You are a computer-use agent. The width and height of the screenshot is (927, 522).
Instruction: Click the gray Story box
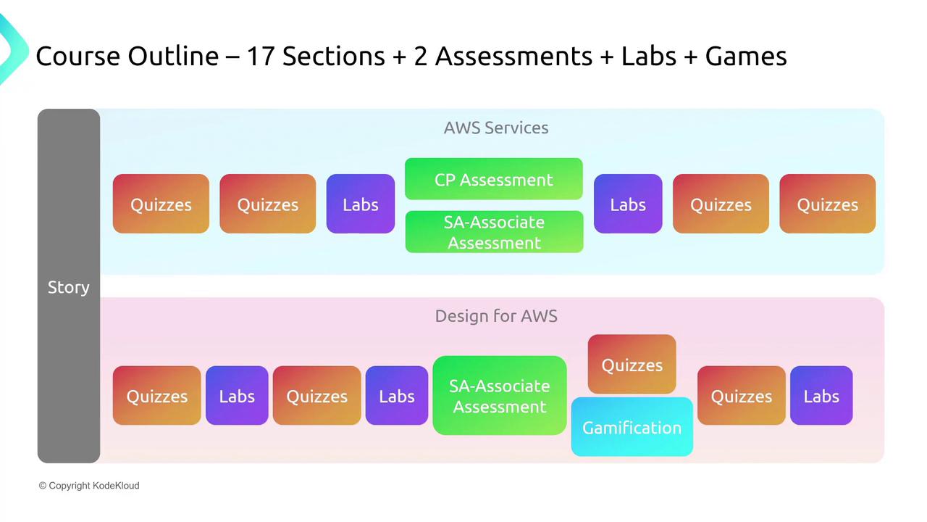tap(68, 286)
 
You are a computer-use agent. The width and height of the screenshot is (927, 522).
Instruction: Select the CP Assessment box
tap(494, 179)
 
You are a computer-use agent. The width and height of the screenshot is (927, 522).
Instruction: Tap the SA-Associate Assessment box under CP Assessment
tap(494, 232)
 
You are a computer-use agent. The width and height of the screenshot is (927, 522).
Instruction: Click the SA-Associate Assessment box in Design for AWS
tap(499, 396)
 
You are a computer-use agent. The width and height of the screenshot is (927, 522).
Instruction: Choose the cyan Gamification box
tap(632, 427)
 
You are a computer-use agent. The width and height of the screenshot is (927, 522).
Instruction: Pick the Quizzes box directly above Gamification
tap(632, 365)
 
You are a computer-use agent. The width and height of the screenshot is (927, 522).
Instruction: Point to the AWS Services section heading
tap(496, 128)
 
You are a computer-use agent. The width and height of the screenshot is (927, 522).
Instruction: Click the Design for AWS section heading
tap(496, 316)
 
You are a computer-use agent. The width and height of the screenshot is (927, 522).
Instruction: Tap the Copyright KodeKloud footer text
tap(89, 486)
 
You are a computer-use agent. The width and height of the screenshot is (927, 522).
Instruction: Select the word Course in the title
tap(77, 56)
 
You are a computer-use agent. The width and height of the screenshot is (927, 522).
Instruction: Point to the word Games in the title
tap(746, 56)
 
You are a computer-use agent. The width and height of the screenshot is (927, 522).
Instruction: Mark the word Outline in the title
tap(173, 56)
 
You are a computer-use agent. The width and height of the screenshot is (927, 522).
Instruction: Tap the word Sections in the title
tap(333, 56)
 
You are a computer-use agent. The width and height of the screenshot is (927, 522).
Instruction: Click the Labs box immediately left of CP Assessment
tap(360, 204)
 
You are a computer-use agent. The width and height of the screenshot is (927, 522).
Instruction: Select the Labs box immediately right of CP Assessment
tap(627, 204)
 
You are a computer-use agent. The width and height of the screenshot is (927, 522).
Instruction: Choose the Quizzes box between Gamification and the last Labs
tap(741, 396)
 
